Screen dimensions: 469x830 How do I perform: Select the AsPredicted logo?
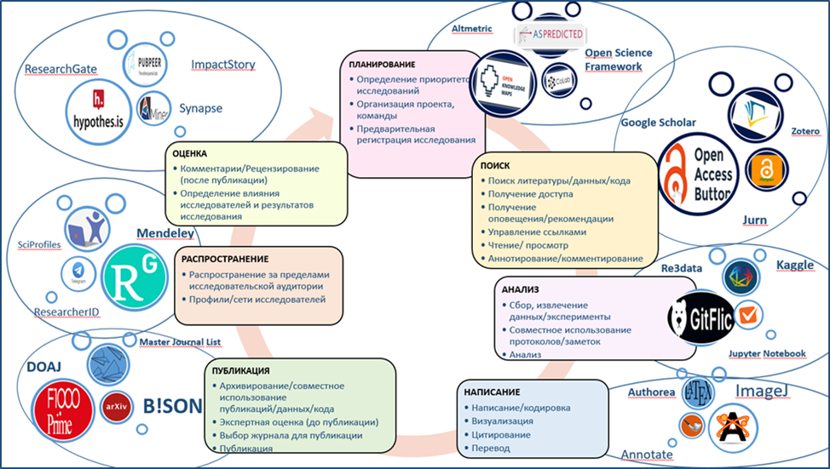pyautogui.click(x=550, y=35)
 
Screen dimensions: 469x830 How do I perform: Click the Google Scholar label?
pyautogui.click(x=658, y=123)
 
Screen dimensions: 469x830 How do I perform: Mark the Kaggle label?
pyautogui.click(x=794, y=266)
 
